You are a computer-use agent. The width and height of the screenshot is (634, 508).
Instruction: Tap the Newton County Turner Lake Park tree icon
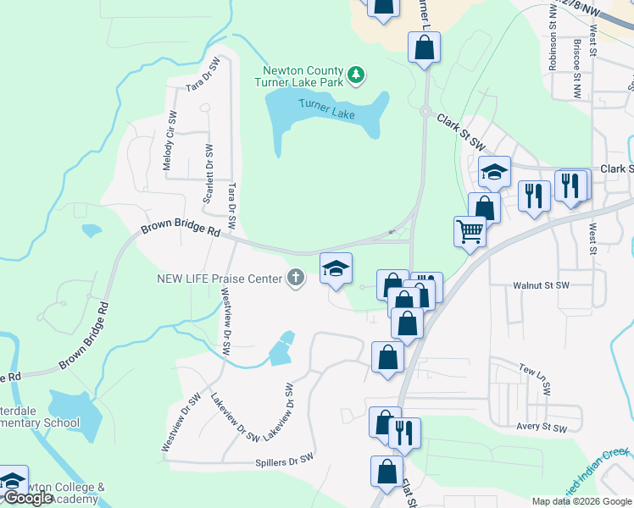tap(357, 75)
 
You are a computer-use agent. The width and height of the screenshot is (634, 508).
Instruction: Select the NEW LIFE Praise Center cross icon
tap(296, 278)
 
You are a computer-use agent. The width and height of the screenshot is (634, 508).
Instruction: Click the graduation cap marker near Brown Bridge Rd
tap(336, 268)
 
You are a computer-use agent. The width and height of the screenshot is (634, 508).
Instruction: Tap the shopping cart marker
tap(470, 230)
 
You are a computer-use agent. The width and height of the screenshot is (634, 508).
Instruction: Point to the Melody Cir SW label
tap(169, 143)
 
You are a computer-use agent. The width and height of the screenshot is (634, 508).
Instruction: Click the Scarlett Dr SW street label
tap(207, 174)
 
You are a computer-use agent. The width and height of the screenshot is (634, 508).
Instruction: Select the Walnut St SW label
tap(540, 286)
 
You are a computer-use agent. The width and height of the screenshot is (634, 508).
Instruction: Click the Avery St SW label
tap(541, 428)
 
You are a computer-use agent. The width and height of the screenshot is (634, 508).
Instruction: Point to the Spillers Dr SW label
tap(285, 462)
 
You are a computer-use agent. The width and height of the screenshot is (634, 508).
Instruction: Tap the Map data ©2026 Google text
tap(581, 501)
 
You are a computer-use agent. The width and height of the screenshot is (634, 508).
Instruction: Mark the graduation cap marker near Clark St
tap(494, 173)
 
